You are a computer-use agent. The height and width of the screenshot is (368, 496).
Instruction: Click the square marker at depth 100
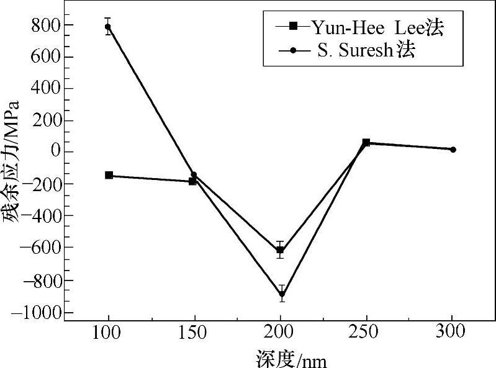(109, 176)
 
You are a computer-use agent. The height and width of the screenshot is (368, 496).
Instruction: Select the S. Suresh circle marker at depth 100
(109, 27)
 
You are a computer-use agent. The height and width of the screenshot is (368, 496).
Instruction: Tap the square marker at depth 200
(280, 250)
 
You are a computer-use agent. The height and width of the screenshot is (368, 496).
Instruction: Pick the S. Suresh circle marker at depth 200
(281, 295)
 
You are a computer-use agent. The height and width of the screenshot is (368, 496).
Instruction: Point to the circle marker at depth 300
(453, 150)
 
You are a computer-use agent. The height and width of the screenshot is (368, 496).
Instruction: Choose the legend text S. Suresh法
(366, 50)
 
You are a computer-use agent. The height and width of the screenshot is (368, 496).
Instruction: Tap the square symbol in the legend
(294, 26)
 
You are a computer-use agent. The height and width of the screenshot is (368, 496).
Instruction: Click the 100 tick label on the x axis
(109, 333)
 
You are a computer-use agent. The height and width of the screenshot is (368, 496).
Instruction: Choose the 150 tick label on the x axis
(194, 333)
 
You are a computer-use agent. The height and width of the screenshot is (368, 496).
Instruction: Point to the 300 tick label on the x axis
(453, 333)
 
